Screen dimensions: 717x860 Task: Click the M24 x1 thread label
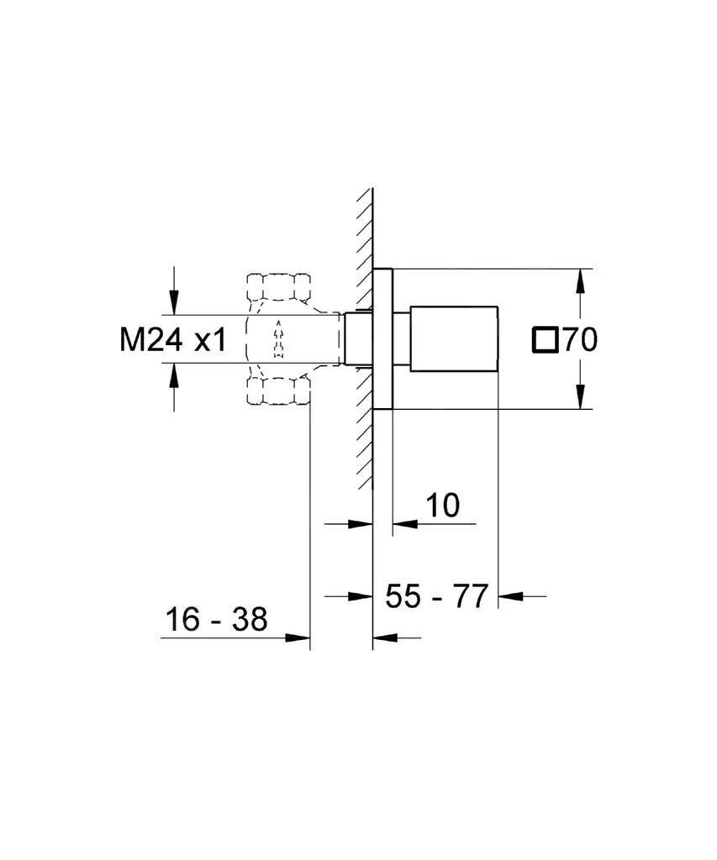pyautogui.click(x=173, y=339)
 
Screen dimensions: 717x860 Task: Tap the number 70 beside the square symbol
pyautogui.click(x=580, y=339)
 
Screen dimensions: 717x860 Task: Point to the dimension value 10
pyautogui.click(x=442, y=505)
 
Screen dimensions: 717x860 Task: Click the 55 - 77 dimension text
pyautogui.click(x=436, y=595)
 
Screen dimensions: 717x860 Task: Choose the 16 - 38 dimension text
pyautogui.click(x=216, y=619)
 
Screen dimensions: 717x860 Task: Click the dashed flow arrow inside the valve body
pyautogui.click(x=278, y=339)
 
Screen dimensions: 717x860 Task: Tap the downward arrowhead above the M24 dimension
pyautogui.click(x=174, y=302)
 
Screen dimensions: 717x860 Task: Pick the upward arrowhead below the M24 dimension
pyautogui.click(x=174, y=375)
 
